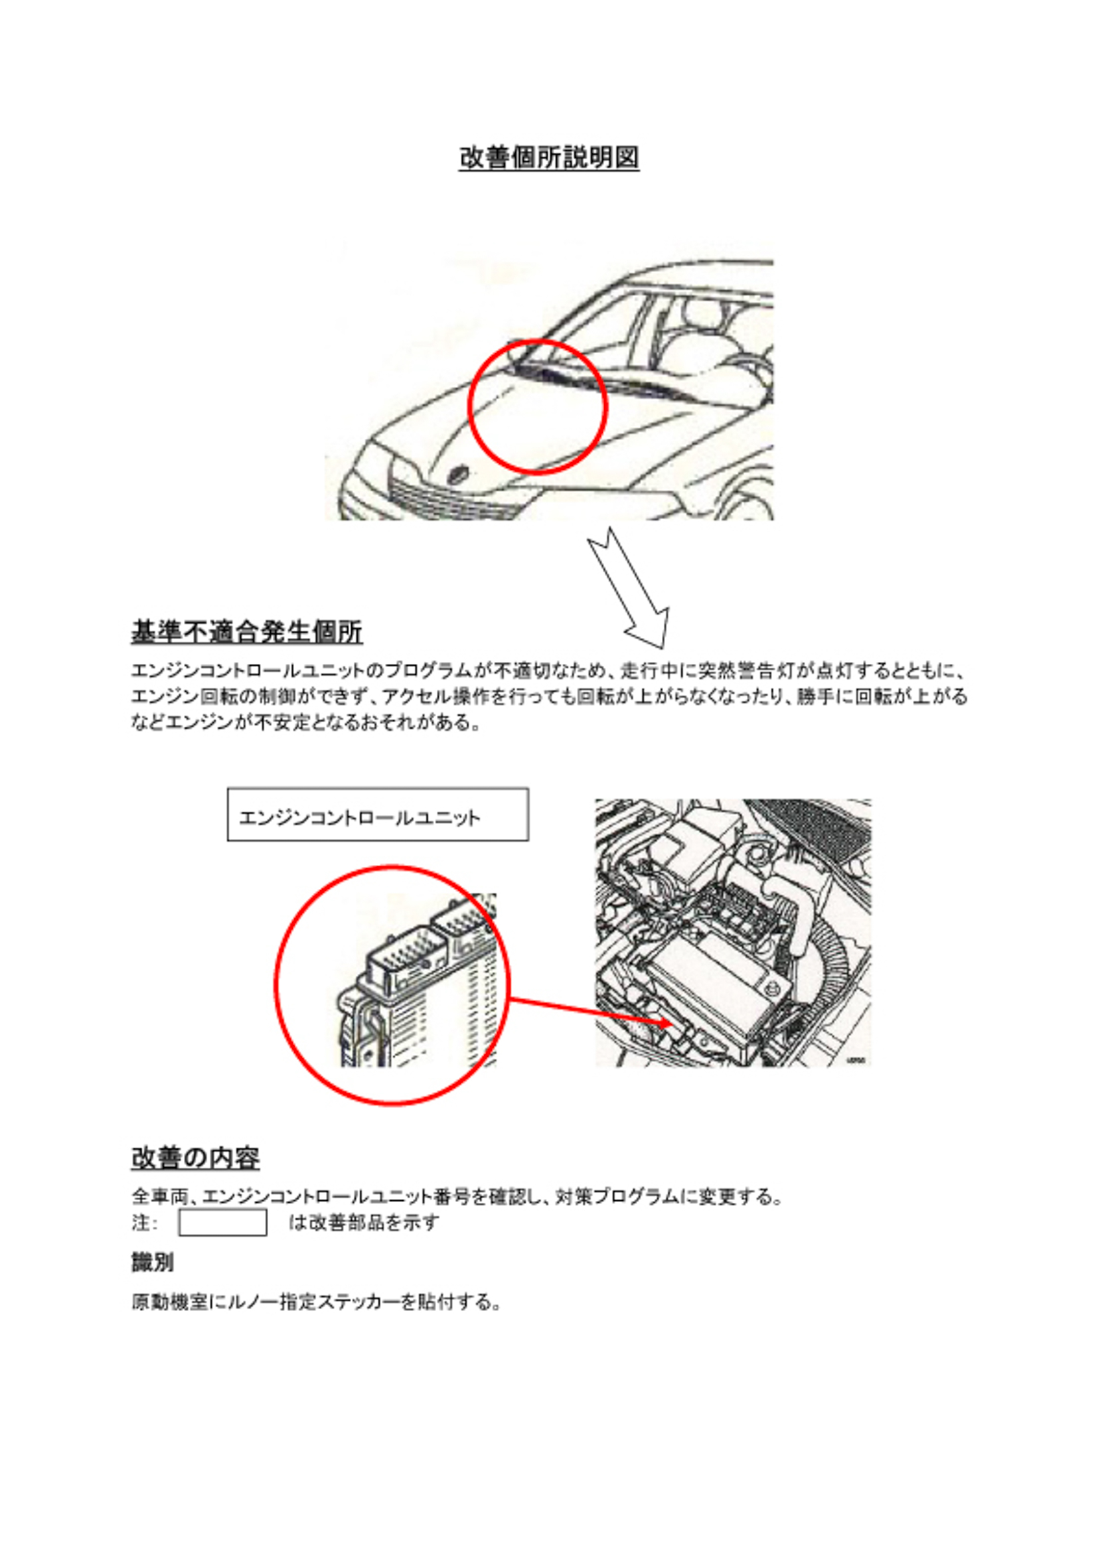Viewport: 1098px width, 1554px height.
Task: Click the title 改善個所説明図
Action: pyautogui.click(x=548, y=158)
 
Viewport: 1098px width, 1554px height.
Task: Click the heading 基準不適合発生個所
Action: pyautogui.click(x=246, y=632)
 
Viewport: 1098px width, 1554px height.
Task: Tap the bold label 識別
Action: pyautogui.click(x=152, y=1263)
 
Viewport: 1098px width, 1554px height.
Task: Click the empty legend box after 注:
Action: pyautogui.click(x=222, y=1223)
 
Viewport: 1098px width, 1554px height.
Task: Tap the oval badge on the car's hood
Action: pyautogui.click(x=459, y=475)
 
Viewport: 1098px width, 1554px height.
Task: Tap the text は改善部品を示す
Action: pyautogui.click(x=364, y=1223)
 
